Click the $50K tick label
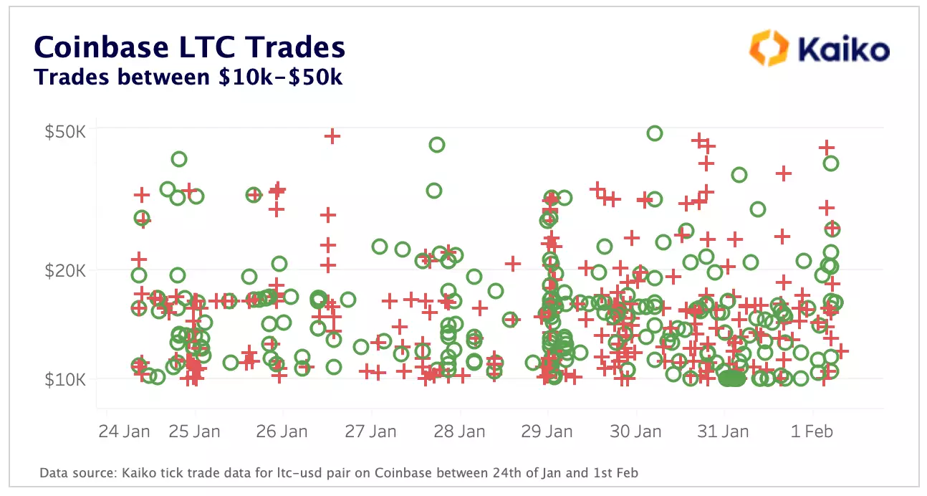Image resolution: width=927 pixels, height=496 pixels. pyautogui.click(x=66, y=132)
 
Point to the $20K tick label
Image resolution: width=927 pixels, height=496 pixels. pyautogui.click(x=66, y=271)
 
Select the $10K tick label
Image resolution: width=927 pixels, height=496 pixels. pyautogui.click(x=66, y=379)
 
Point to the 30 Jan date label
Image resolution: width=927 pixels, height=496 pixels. pyautogui.click(x=635, y=431)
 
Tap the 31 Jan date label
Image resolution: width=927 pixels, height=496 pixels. pyautogui.click(x=724, y=431)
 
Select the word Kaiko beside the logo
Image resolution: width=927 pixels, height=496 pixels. pyautogui.click(x=843, y=50)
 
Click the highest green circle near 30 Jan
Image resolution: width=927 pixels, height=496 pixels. pyautogui.click(x=654, y=133)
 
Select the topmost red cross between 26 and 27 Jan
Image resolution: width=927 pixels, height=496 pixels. pyautogui.click(x=332, y=136)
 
